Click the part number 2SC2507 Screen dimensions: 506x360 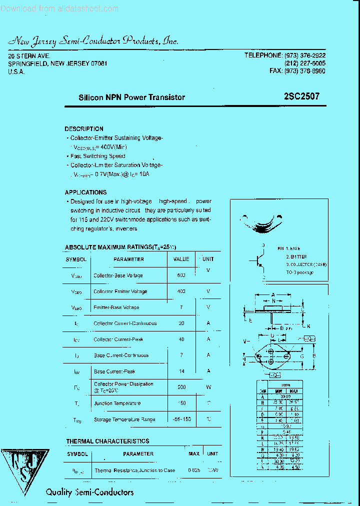(300, 97)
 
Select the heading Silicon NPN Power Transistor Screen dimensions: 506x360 (132, 97)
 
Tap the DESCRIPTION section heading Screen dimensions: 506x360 (84, 128)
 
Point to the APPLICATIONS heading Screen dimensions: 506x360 (85, 192)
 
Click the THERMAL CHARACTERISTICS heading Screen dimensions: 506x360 (107, 441)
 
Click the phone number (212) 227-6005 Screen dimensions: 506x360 (304, 63)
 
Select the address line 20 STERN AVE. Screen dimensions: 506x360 (29, 56)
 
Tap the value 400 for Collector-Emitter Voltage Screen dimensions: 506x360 (181, 291)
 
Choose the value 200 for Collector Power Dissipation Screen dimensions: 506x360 (181, 387)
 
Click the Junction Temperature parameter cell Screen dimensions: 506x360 (117, 403)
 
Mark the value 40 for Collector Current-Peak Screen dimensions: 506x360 (181, 339)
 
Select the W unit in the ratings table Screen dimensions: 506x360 (208, 387)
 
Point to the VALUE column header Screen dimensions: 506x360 (181, 259)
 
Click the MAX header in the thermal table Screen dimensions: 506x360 (194, 453)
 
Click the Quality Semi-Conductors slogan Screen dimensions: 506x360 (90, 492)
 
